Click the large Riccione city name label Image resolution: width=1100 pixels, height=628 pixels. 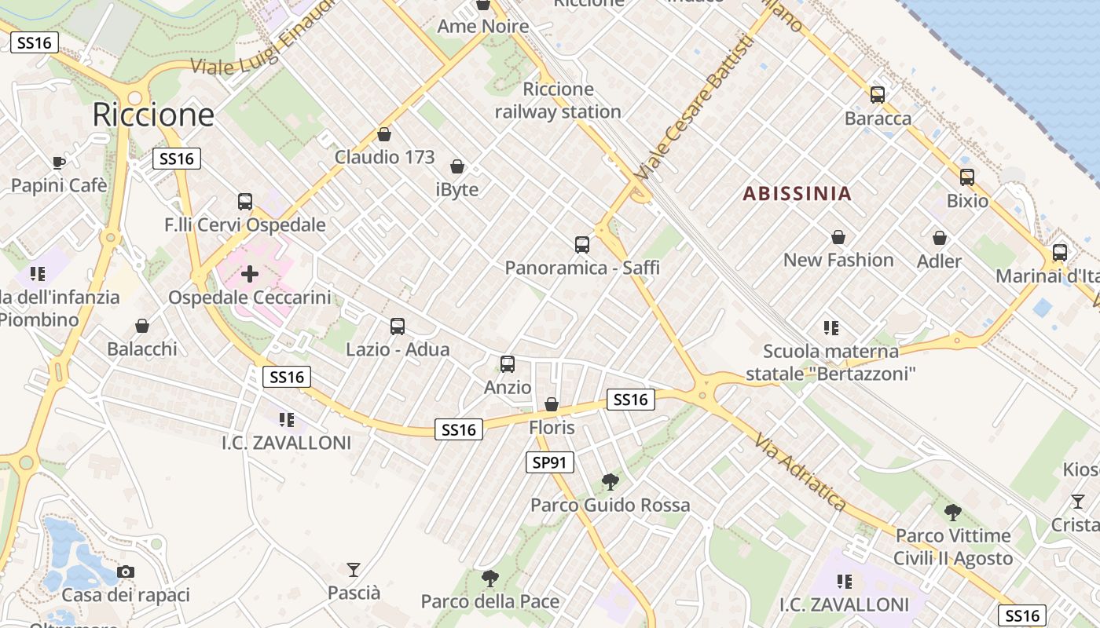pyautogui.click(x=153, y=115)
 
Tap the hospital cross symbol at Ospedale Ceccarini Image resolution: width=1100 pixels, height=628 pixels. pyautogui.click(x=250, y=274)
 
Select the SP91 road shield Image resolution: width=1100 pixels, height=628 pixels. pyautogui.click(x=549, y=462)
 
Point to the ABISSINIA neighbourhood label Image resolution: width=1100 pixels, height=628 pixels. pyautogui.click(x=797, y=194)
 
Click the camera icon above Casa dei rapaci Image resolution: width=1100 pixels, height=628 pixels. pyautogui.click(x=126, y=571)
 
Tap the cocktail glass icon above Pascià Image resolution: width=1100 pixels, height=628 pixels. pyautogui.click(x=354, y=569)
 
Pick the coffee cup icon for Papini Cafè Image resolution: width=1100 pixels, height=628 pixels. pyautogui.click(x=58, y=162)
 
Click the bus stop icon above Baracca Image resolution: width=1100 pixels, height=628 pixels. pyautogui.click(x=878, y=95)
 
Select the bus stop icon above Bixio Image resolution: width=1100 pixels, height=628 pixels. pyautogui.click(x=967, y=177)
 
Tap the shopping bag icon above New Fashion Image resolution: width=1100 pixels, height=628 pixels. pyautogui.click(x=838, y=237)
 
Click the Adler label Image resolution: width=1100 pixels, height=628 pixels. pyautogui.click(x=939, y=261)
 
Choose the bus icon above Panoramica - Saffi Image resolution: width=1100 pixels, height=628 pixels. pyautogui.click(x=582, y=245)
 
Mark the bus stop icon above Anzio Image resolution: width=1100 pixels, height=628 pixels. pyautogui.click(x=508, y=364)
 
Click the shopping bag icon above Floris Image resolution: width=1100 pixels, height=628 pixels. pyautogui.click(x=552, y=404)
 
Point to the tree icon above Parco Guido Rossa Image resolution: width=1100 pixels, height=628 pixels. pyautogui.click(x=610, y=481)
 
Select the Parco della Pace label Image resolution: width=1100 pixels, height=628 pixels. pyautogui.click(x=490, y=602)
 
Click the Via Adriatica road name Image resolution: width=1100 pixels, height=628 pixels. pyautogui.click(x=801, y=471)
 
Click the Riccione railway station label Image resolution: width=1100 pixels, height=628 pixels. pyautogui.click(x=558, y=100)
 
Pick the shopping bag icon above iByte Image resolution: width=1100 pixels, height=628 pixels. pyautogui.click(x=457, y=166)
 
